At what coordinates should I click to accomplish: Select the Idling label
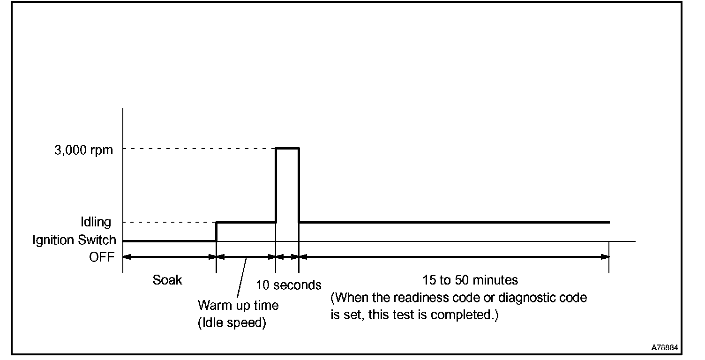click(x=95, y=222)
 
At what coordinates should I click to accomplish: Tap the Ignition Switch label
click(x=74, y=240)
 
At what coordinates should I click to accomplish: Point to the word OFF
click(x=102, y=257)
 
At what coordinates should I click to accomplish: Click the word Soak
click(x=167, y=280)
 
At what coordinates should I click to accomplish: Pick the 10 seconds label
click(x=289, y=285)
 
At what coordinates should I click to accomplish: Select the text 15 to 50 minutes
click(x=470, y=280)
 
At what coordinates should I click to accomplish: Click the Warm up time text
click(x=238, y=306)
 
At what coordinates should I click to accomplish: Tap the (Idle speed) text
click(x=232, y=323)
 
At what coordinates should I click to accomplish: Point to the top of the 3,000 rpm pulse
click(x=287, y=148)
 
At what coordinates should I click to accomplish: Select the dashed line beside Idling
click(x=169, y=222)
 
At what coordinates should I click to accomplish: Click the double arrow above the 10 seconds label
click(x=287, y=256)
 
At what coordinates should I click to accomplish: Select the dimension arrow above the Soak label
click(x=169, y=256)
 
